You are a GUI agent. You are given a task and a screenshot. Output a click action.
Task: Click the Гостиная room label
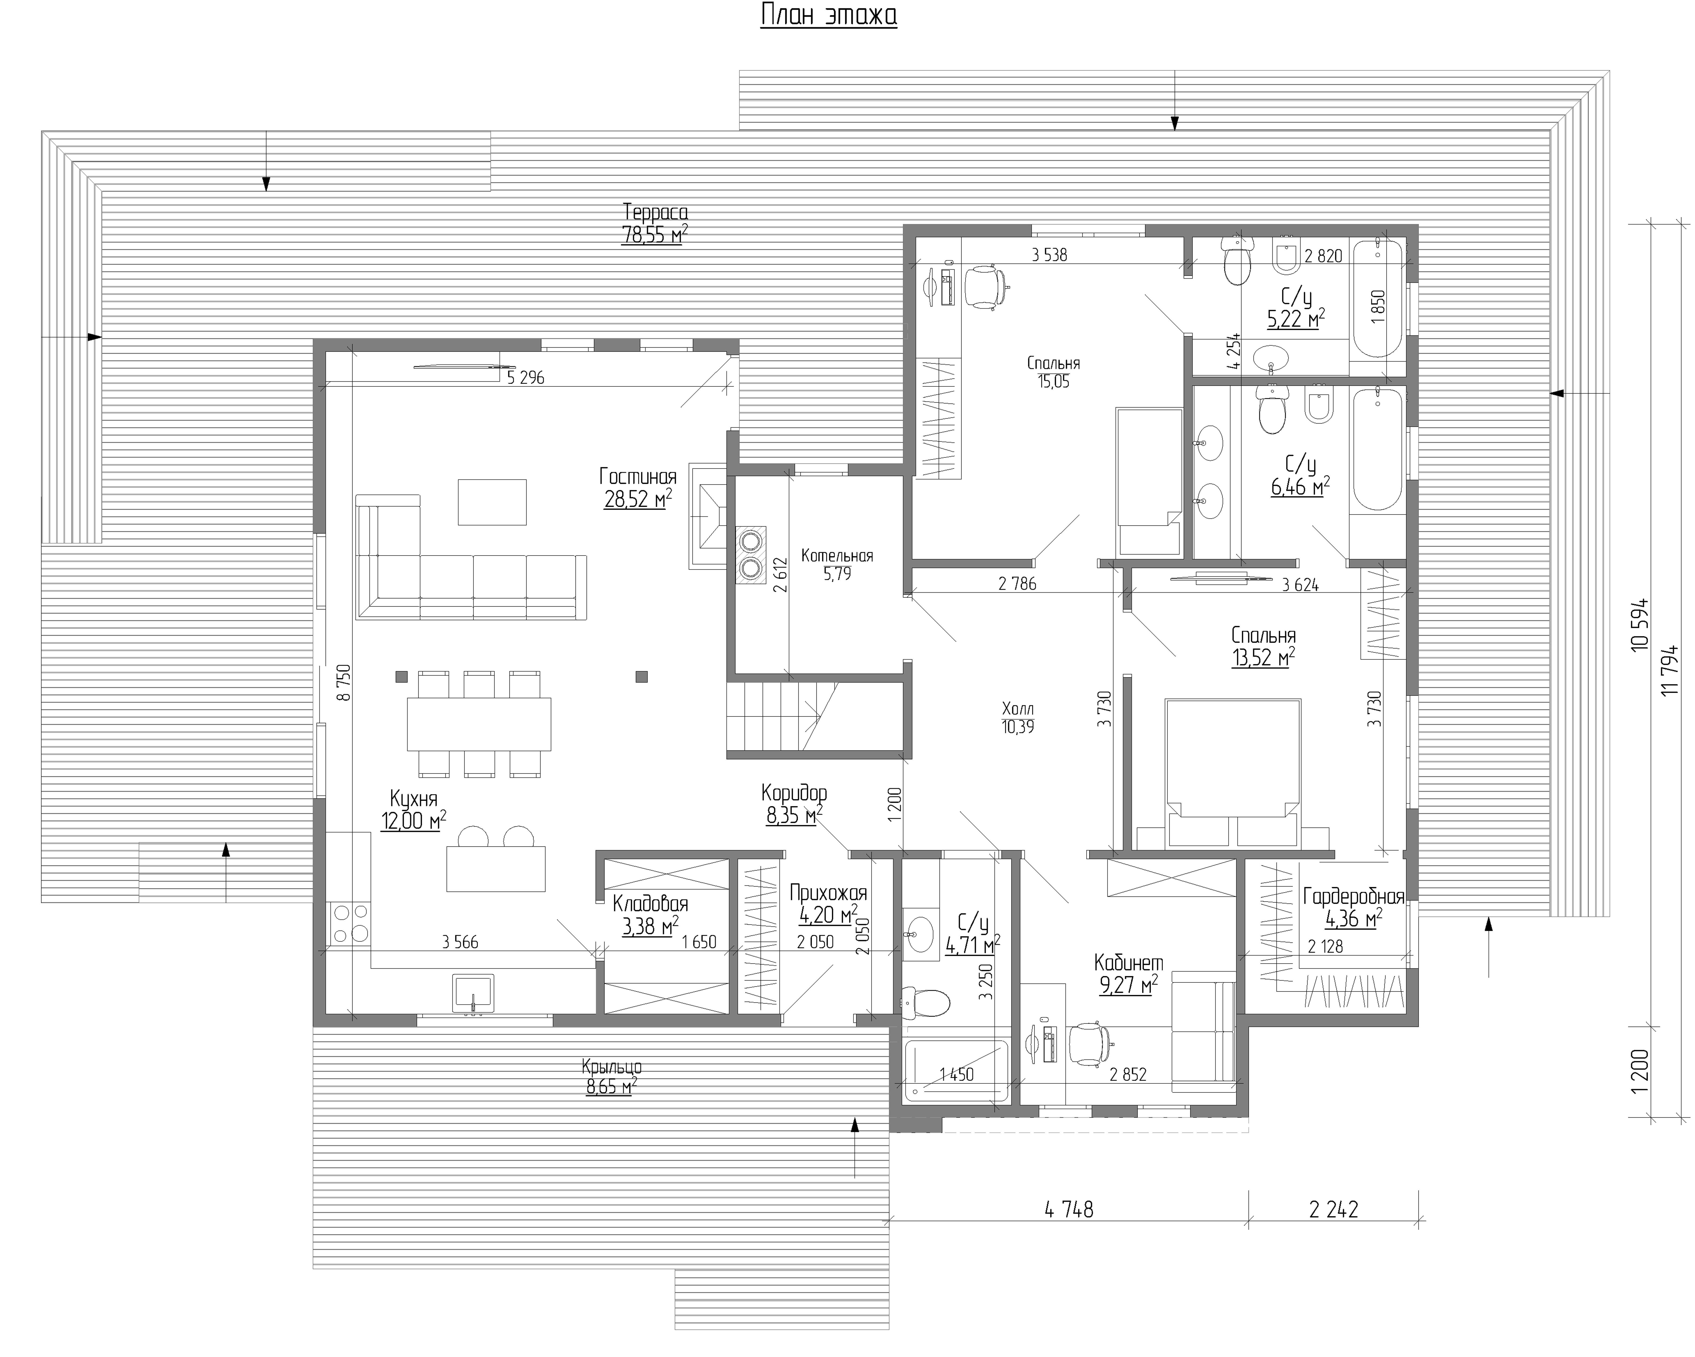click(x=637, y=476)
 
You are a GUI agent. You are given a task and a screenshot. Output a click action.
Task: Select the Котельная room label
click(x=837, y=556)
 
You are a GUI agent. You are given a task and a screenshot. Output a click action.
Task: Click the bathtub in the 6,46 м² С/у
click(x=1377, y=450)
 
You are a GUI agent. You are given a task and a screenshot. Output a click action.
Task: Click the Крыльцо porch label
click(x=612, y=1067)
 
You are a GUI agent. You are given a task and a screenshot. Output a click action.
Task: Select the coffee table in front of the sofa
click(x=492, y=502)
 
